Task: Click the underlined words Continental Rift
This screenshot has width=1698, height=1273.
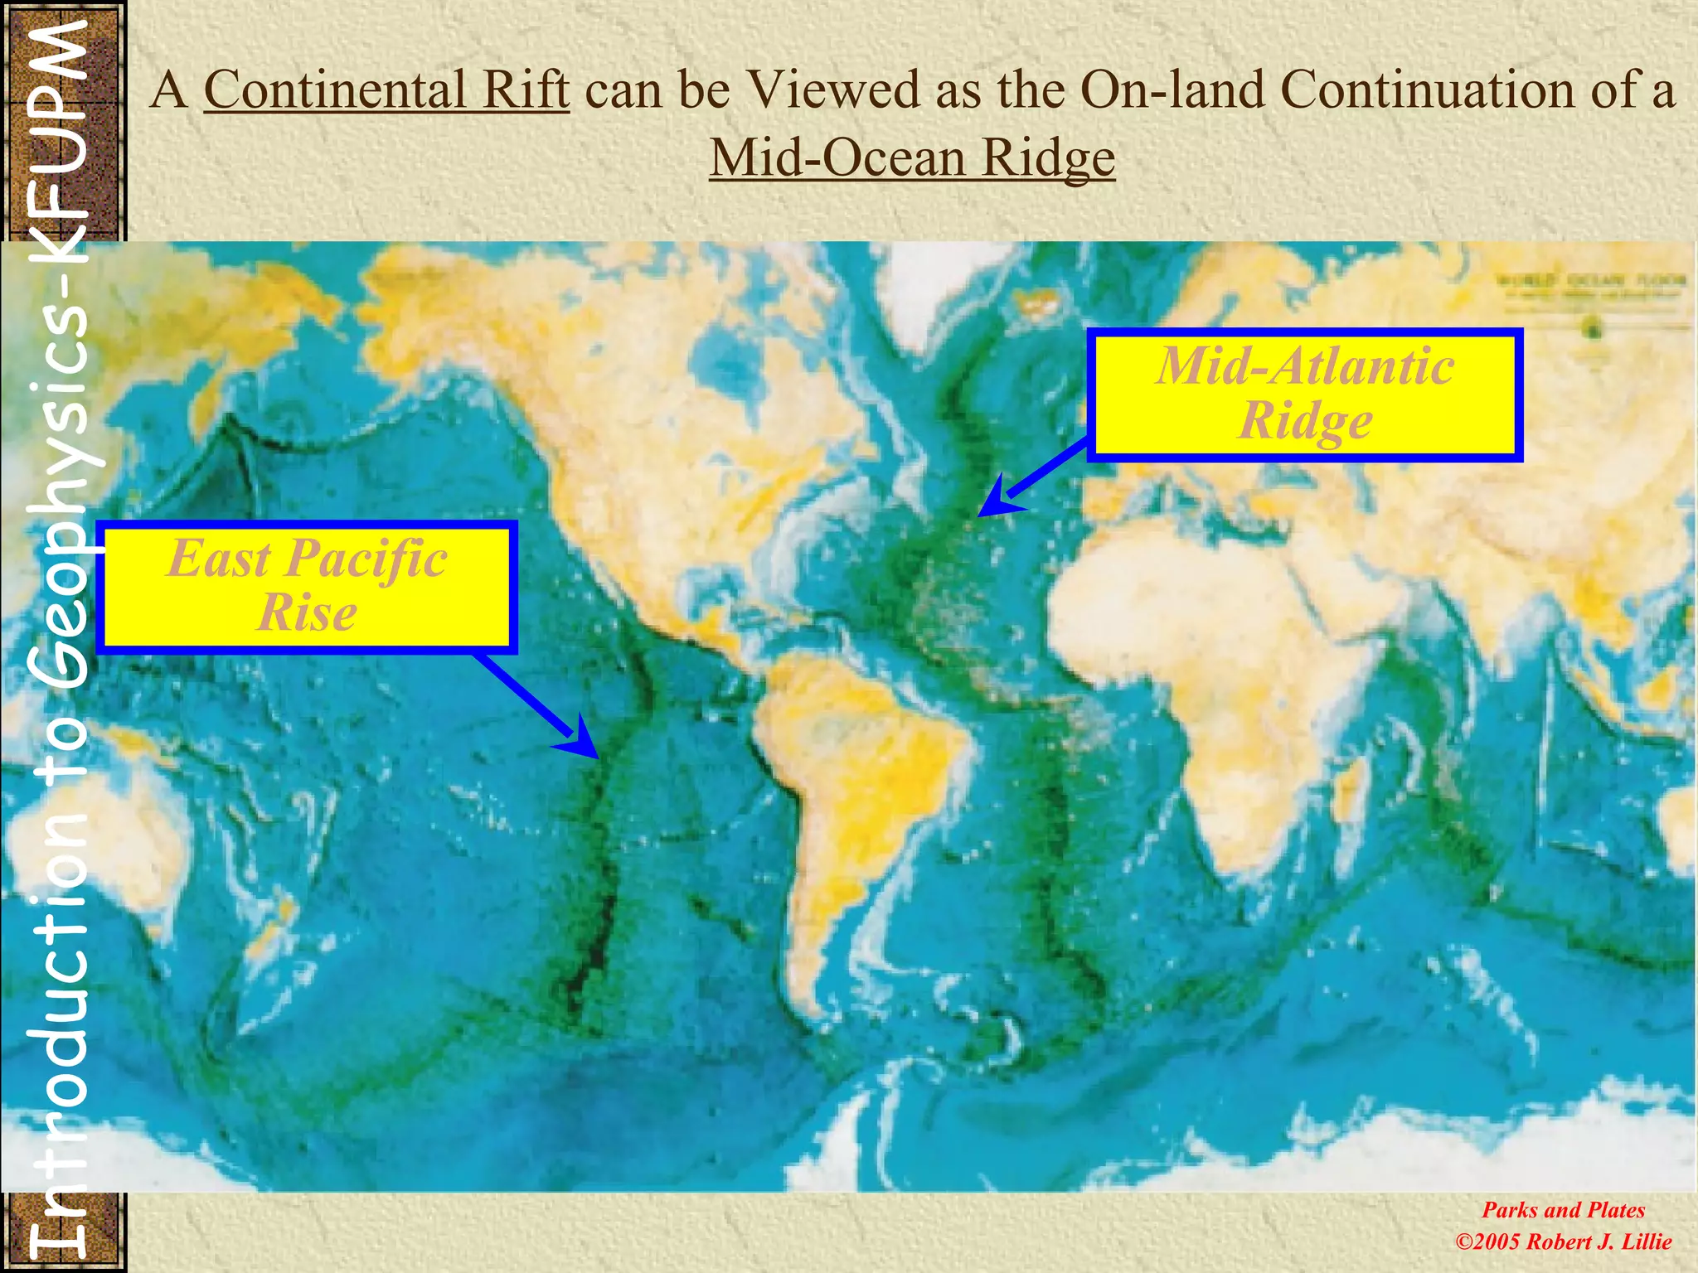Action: [386, 90]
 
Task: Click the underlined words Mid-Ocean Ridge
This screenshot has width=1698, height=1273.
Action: [912, 157]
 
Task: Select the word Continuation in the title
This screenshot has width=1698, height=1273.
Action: [1419, 90]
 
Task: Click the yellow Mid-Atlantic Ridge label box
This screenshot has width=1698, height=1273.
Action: [1304, 394]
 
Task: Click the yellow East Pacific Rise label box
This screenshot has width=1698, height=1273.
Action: [306, 586]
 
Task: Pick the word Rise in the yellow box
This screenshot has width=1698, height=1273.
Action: [307, 613]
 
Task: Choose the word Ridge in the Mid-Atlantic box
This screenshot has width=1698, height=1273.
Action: [1305, 421]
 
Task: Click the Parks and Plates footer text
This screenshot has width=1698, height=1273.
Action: [1563, 1210]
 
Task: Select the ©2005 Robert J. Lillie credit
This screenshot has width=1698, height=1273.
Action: [1563, 1242]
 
